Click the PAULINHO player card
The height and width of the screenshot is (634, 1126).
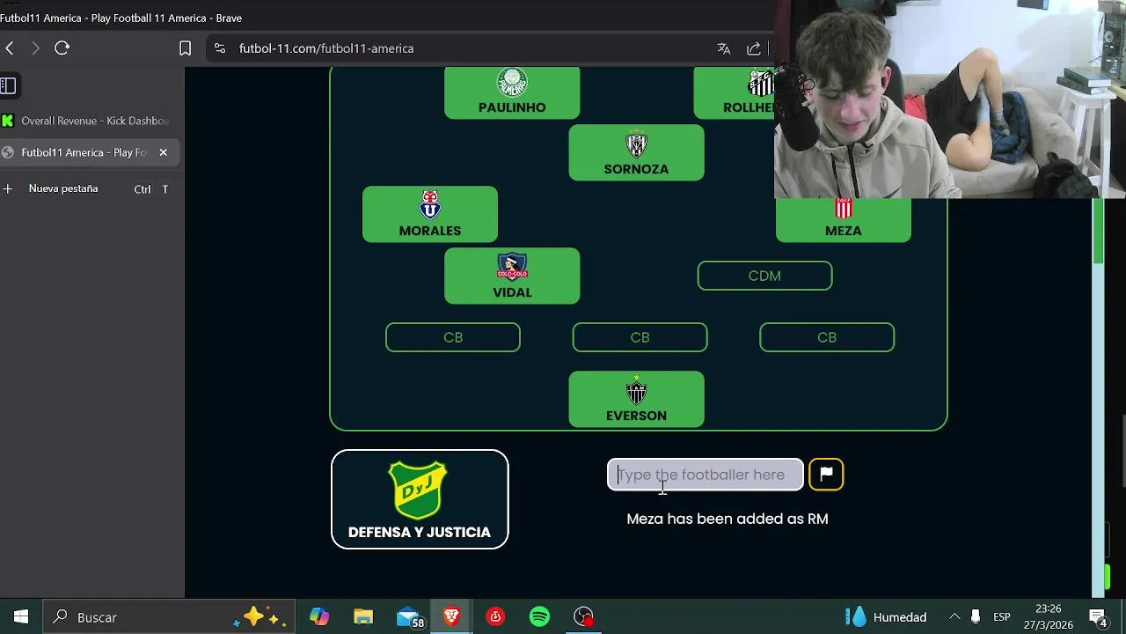tap(512, 92)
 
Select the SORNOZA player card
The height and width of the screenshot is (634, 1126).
tap(636, 153)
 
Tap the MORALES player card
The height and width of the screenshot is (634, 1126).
tap(430, 215)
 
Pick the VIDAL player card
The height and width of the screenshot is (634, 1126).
tap(512, 276)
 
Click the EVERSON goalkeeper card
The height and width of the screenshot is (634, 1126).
tap(636, 400)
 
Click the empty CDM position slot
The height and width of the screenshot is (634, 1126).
tap(764, 276)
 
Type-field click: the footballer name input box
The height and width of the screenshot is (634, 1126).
tap(705, 475)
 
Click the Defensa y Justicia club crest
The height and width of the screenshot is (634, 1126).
tap(419, 490)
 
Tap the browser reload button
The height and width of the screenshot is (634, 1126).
tap(62, 48)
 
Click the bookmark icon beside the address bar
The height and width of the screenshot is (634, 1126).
tap(185, 48)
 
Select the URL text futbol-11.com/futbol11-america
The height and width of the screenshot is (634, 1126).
tap(326, 48)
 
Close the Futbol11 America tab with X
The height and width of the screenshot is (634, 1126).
tap(163, 152)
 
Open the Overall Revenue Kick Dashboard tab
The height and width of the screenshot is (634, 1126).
tap(94, 121)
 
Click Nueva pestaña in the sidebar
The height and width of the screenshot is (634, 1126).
tap(63, 188)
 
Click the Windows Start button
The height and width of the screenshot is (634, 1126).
tap(21, 617)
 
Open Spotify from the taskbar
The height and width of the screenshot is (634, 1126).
tap(539, 617)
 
